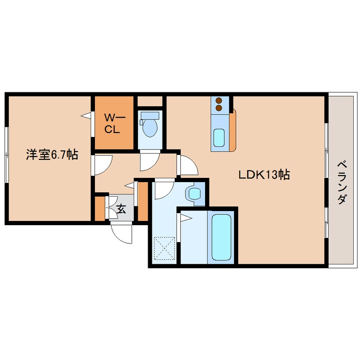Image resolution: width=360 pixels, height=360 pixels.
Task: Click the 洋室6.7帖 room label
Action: pos(52,154)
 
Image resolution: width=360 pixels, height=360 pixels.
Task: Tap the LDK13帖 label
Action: pos(264,175)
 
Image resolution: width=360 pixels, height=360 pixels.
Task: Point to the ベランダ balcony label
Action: pos(342,183)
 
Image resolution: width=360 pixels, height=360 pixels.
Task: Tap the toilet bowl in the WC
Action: pos(150,128)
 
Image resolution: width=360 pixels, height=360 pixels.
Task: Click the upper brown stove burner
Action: pos(219,100)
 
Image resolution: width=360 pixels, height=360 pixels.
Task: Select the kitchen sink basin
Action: pos(219,137)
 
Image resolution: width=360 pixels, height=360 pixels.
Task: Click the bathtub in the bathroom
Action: pos(221,237)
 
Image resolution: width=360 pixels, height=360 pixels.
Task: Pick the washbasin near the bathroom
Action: pos(195,193)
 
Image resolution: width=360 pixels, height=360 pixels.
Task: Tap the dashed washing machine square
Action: pos(164,248)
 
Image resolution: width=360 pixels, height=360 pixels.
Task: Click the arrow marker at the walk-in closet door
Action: pos(86,116)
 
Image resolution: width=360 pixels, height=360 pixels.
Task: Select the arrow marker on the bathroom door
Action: pos(186,218)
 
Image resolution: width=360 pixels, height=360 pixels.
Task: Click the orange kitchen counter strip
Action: pos(233,130)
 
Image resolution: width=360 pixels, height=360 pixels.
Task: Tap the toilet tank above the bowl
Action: pos(150,115)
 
